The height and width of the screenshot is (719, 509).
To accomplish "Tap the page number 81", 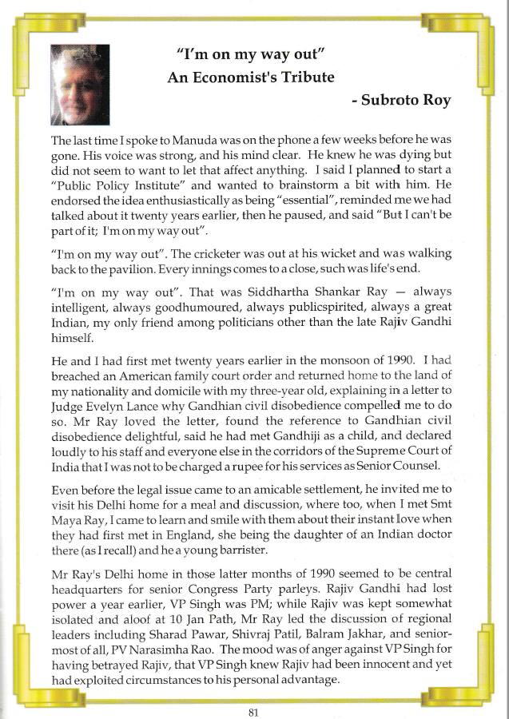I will [x=253, y=712].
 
